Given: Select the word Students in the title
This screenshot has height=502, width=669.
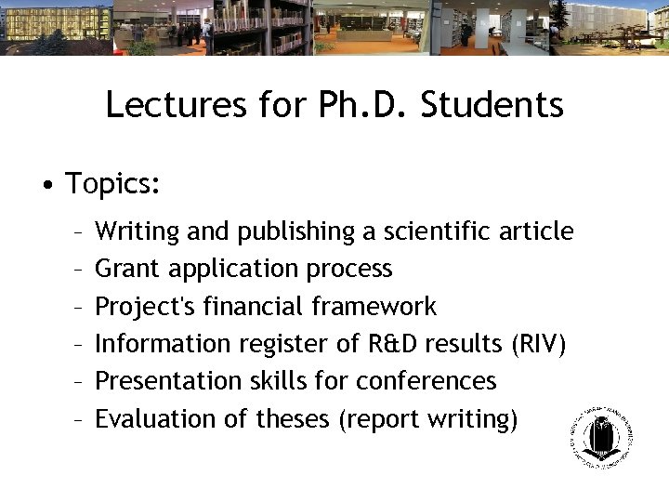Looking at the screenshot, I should click(x=492, y=105).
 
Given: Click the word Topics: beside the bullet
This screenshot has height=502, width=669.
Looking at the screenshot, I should click(x=113, y=183).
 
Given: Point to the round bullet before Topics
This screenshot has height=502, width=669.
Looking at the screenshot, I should click(x=47, y=183).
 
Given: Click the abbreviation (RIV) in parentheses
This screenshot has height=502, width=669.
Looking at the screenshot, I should click(x=538, y=344).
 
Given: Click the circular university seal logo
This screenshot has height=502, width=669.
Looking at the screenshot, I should click(x=601, y=437).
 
